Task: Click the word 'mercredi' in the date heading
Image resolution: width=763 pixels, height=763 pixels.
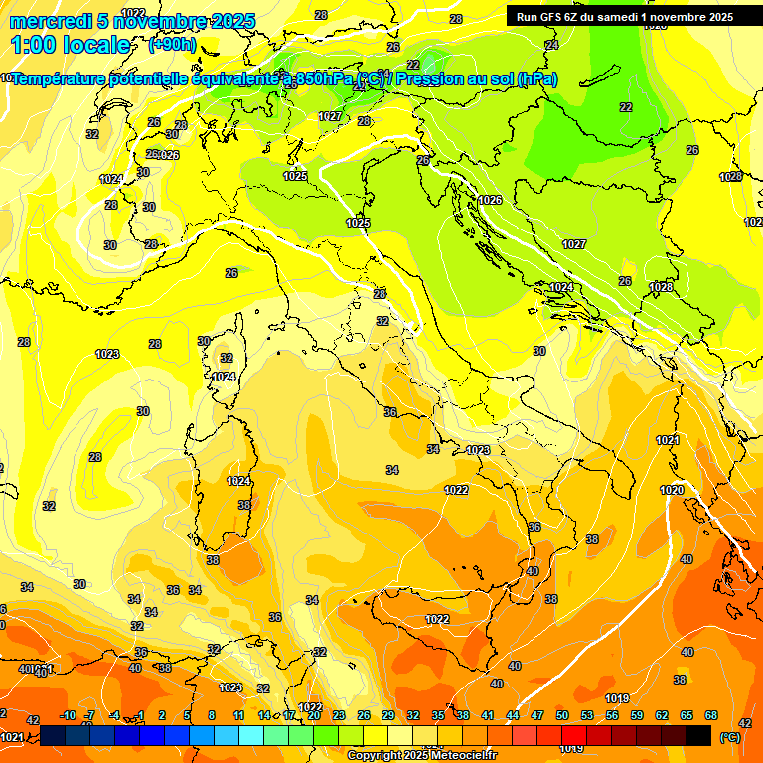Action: point(48,21)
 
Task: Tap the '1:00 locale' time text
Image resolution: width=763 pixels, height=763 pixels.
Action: point(71,45)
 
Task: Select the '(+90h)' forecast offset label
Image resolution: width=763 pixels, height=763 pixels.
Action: point(172,45)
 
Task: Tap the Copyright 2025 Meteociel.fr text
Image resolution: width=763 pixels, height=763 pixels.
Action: point(421,756)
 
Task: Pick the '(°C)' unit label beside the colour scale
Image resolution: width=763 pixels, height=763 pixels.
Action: point(728,737)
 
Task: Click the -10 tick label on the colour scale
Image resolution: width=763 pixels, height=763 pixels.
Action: point(68,716)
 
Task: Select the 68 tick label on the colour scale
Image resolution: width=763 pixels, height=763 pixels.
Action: point(711,716)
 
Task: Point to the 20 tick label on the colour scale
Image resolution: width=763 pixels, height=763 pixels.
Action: point(314,716)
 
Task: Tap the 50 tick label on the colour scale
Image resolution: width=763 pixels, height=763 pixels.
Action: point(562,716)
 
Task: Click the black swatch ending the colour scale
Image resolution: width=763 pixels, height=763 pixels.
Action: point(698,735)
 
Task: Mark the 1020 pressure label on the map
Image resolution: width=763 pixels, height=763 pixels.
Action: point(672,490)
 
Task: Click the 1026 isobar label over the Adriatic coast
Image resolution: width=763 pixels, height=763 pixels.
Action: point(490,200)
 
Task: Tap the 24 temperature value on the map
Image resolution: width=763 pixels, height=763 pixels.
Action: point(552,45)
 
